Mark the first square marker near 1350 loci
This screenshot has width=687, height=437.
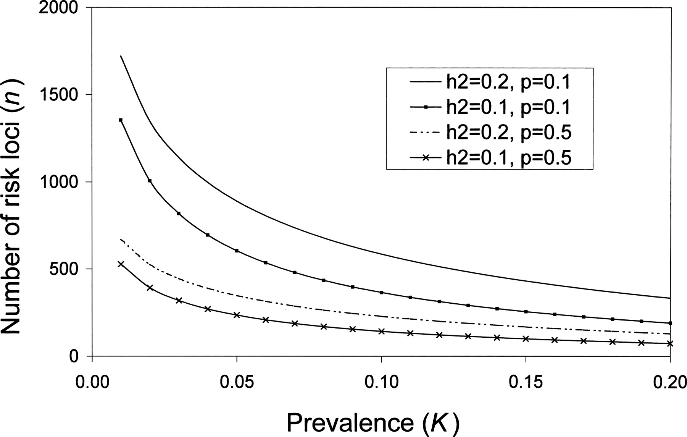(x=121, y=120)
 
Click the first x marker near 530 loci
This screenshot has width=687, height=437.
(x=121, y=264)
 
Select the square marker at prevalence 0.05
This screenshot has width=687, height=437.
(x=237, y=251)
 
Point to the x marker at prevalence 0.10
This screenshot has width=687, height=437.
(x=381, y=331)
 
